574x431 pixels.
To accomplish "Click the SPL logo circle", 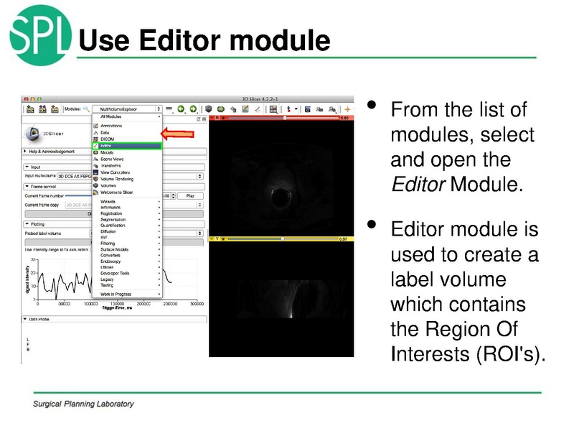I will [40, 36].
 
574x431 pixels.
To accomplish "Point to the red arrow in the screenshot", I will [177, 133].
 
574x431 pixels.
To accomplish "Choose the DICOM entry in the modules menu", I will [108, 139].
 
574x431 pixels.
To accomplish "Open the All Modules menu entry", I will [110, 116].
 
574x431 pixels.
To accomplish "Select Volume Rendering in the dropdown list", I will [116, 179].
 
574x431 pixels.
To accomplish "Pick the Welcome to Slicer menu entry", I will [117, 192].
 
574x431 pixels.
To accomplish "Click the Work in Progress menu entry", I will [116, 295].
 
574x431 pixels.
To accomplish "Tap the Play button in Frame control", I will [190, 195].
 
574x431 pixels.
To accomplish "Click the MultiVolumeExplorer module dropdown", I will [126, 109].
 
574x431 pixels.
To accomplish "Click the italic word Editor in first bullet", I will [418, 185].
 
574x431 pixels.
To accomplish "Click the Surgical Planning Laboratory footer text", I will [83, 404].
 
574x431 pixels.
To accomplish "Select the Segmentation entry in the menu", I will [113, 219].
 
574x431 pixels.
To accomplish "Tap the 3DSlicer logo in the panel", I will [43, 134].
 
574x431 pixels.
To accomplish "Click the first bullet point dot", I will [371, 106].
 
